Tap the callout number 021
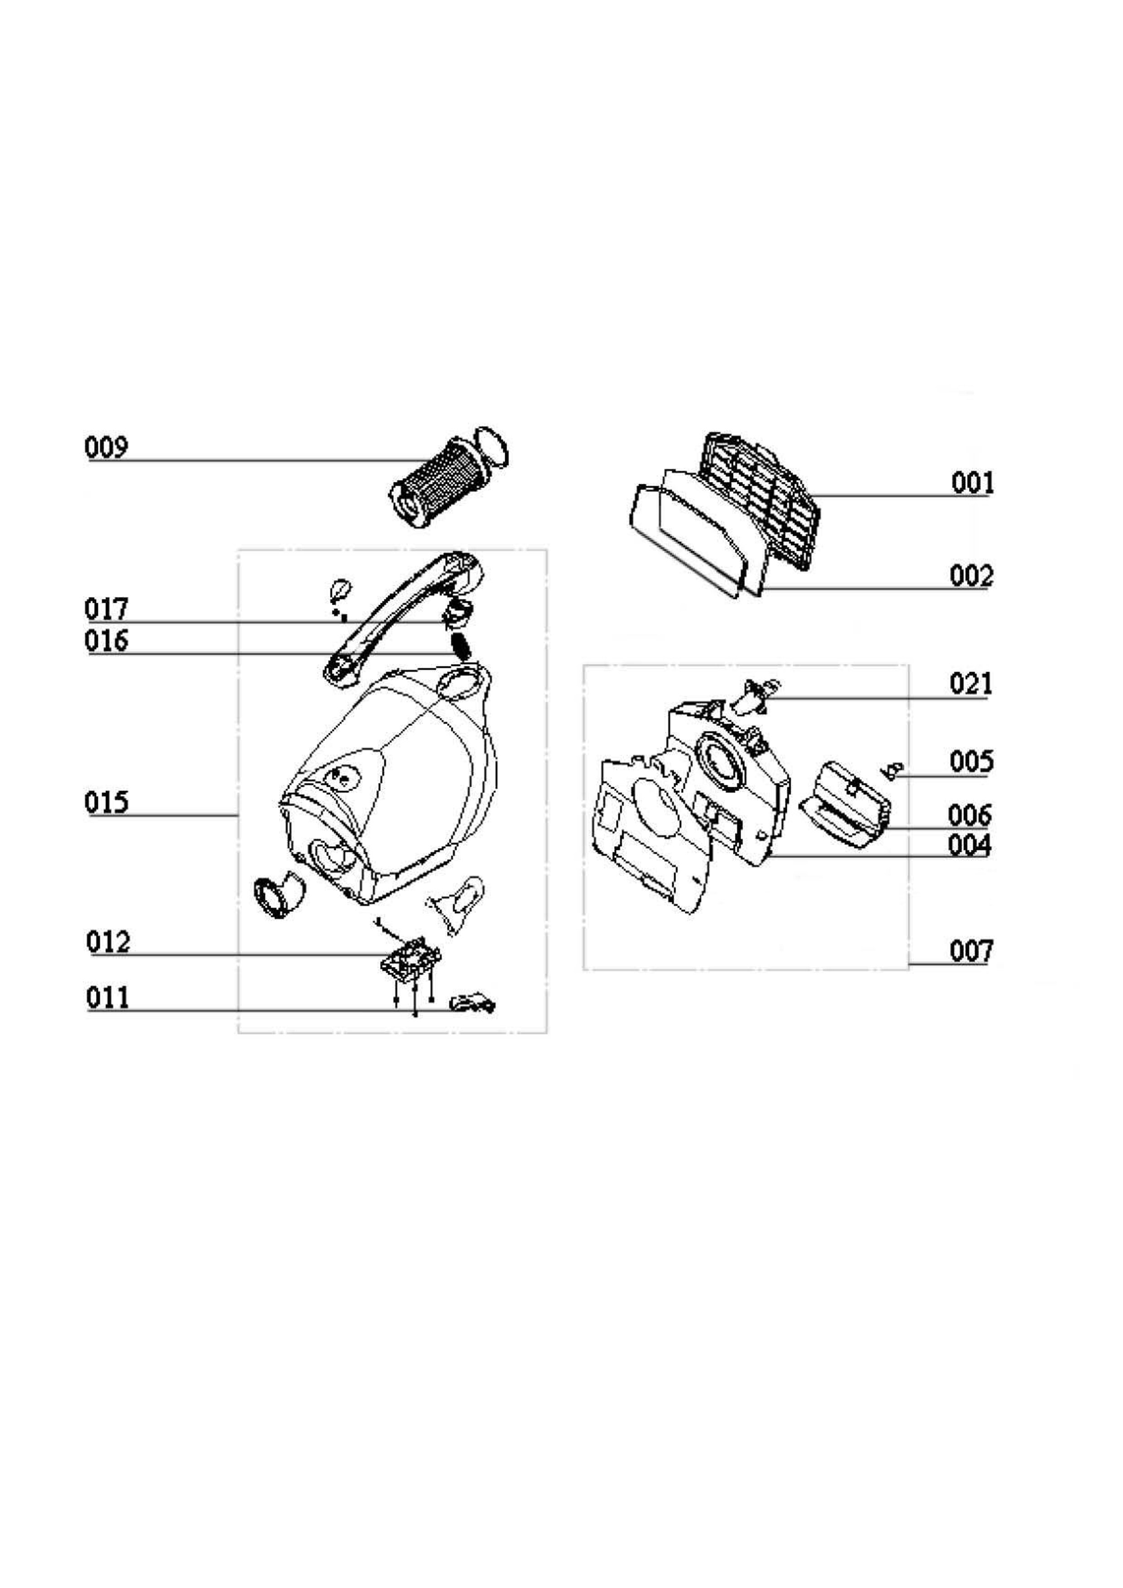tap(971, 684)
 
